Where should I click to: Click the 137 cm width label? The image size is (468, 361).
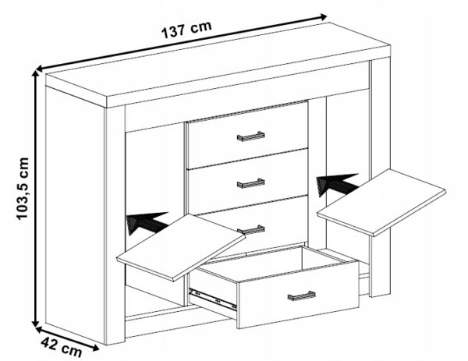pos(186,30)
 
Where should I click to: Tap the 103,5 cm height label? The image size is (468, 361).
pos(23,189)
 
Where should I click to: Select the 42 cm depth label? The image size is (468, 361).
pos(61,347)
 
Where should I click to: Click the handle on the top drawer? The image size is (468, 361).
pos(250,136)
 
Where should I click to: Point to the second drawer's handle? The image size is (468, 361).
pos(250,183)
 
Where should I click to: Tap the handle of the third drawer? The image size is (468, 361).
pos(251,229)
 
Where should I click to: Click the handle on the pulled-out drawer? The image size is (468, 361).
pos(301,296)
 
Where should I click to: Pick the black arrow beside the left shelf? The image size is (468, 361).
pos(147,222)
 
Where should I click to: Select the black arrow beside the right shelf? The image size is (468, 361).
pos(337,184)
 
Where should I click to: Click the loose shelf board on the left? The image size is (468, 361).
pos(181,247)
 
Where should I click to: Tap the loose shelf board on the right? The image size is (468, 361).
pos(381,202)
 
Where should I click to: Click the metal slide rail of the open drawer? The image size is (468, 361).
pos(212,299)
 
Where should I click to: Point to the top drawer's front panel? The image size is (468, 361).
pos(248,134)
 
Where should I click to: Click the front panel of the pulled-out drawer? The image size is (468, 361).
pos(298,295)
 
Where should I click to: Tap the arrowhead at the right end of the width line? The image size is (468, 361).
pos(323,16)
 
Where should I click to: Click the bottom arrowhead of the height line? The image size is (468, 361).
pos(36,323)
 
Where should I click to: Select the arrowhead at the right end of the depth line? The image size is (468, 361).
pos(94,347)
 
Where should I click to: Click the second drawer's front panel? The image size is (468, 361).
pos(248,182)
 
